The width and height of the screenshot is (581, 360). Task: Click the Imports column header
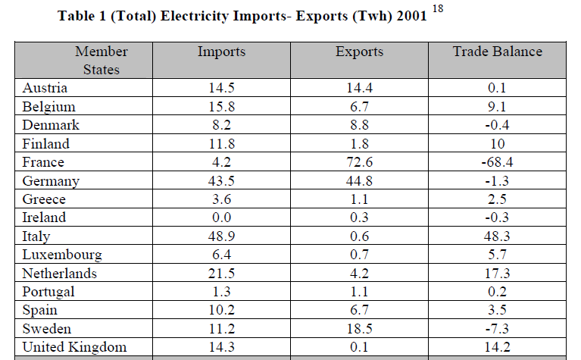220,52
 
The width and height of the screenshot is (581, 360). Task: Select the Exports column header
359,52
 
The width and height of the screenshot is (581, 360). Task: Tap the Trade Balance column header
497,52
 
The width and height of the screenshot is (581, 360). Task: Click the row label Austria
45,88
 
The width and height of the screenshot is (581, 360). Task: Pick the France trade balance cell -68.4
498,162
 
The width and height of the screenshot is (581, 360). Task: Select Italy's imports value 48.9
220,236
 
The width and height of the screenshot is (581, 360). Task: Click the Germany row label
52,181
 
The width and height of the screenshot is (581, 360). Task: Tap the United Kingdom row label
74,347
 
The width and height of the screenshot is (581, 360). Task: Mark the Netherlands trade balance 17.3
498,274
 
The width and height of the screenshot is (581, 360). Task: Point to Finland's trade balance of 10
498,144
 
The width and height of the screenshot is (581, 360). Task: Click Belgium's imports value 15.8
220,107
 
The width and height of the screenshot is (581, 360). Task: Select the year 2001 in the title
410,16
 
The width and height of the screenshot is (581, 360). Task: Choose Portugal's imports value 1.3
220,292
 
